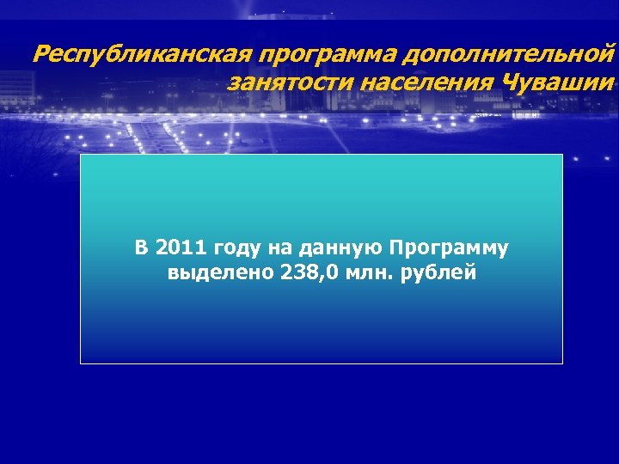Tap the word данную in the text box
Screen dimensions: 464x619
[x=340, y=249]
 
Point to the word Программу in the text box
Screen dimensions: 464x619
[x=449, y=249]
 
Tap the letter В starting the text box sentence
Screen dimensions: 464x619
[x=142, y=248]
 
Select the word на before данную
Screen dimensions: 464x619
[x=281, y=249]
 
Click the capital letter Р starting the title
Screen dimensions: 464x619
[x=40, y=56]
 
